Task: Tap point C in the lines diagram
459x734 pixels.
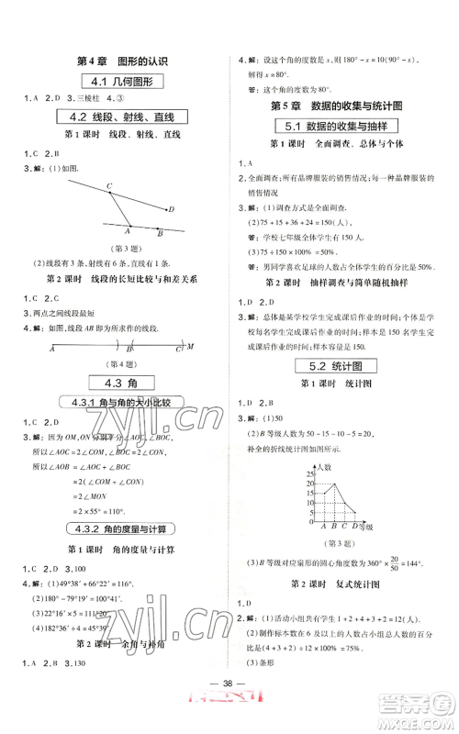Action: (x=109, y=187)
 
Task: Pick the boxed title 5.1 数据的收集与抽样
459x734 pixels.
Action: (x=343, y=129)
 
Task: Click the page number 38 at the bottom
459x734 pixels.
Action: (x=229, y=695)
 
